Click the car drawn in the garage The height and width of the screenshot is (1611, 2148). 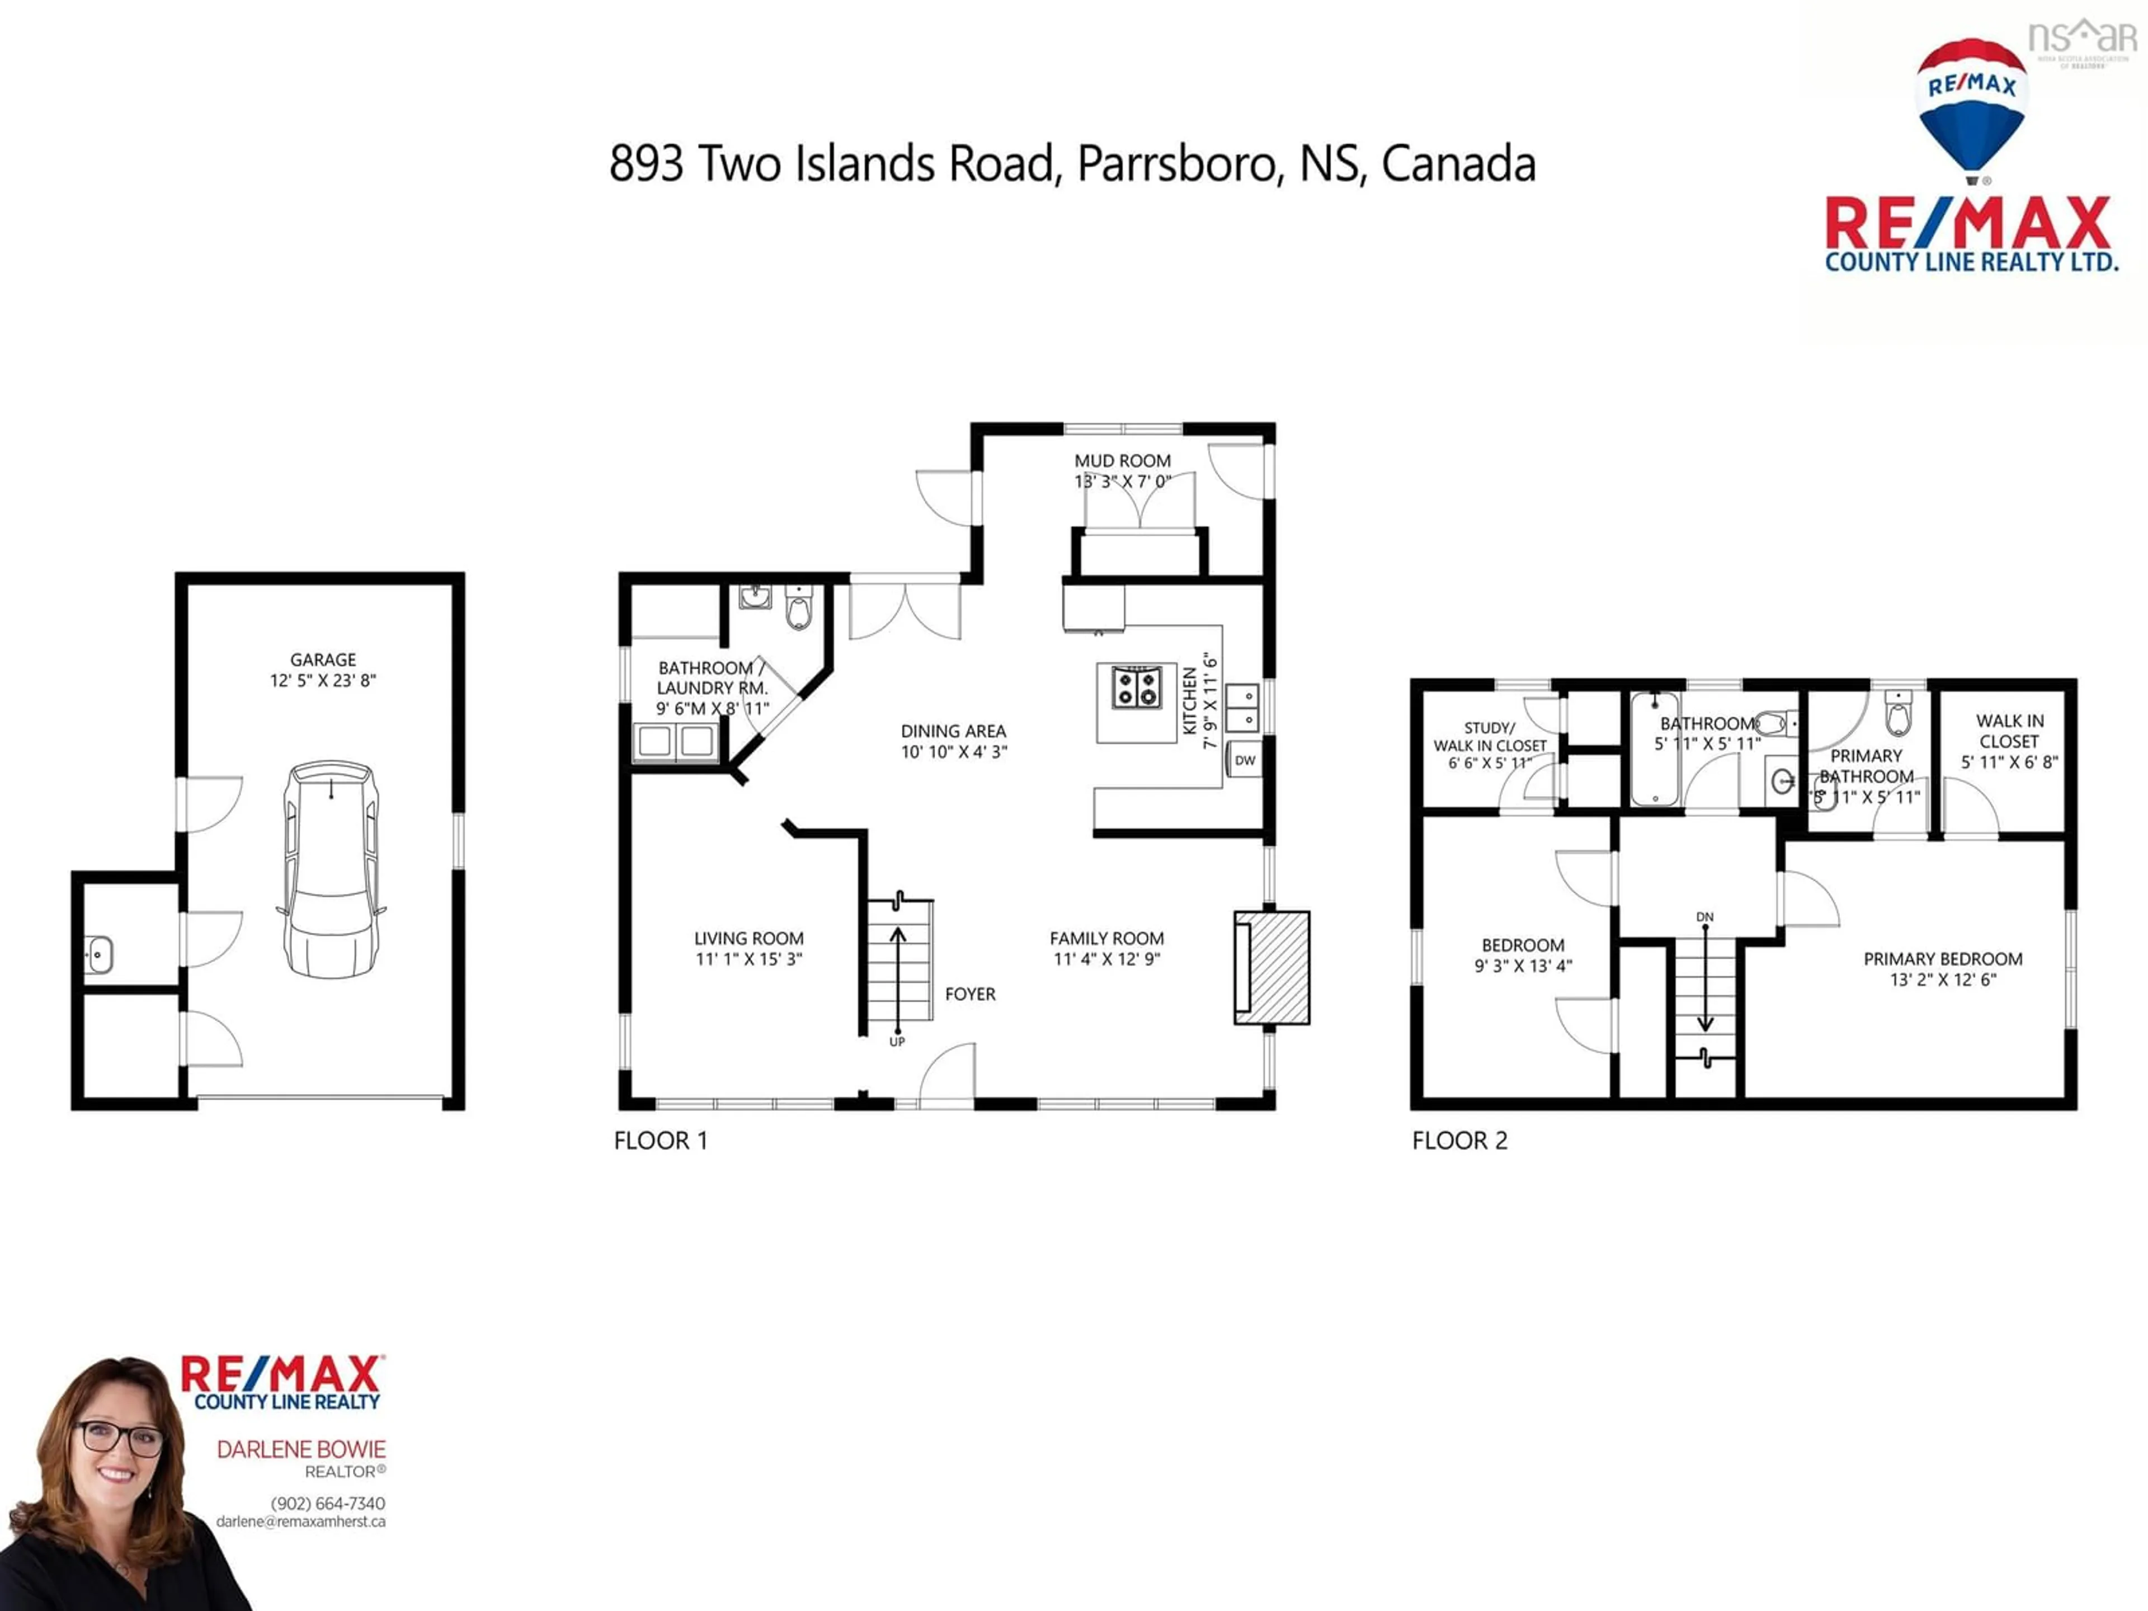330,869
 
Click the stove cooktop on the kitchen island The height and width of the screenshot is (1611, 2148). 1136,687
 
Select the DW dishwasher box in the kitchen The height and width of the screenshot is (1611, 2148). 1245,760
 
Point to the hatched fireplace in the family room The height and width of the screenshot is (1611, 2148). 1272,967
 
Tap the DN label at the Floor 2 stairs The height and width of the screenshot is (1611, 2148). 1704,917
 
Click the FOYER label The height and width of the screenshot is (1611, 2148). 970,995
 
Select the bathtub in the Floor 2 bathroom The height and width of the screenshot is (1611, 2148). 1655,748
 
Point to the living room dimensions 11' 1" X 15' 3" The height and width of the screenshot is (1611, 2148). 748,959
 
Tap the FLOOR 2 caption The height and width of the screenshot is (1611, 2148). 1459,1141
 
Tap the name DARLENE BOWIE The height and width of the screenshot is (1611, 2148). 301,1450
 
